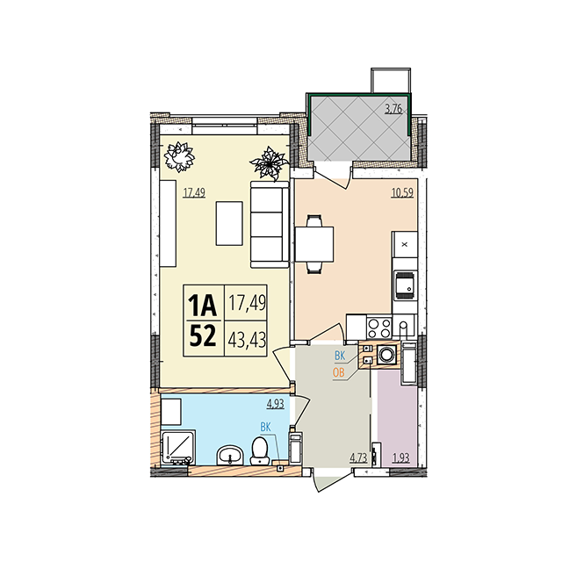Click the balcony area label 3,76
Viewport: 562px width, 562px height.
[x=393, y=108]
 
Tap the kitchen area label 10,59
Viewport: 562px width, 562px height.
[x=402, y=192]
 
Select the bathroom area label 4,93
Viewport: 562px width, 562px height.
[x=275, y=404]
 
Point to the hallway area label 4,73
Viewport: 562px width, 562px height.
[x=359, y=458]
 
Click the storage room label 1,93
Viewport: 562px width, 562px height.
[x=401, y=458]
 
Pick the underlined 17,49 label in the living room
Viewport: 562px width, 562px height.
[x=194, y=193]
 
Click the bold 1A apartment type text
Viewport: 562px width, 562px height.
[x=203, y=305]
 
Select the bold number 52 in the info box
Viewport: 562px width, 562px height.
[x=203, y=335]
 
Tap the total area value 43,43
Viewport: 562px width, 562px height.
[x=247, y=340]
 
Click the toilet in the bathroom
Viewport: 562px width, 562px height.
[x=260, y=451]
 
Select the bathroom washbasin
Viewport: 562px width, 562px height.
[x=230, y=455]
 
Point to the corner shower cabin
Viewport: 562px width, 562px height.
[x=177, y=448]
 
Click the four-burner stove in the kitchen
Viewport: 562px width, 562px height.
[x=379, y=328]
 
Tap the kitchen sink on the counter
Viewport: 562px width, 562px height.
[x=405, y=285]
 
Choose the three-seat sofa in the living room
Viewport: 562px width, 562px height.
[x=270, y=225]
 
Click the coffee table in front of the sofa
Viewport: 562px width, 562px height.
[x=229, y=223]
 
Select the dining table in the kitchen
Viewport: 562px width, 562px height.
[x=314, y=244]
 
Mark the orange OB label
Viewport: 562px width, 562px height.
[x=339, y=372]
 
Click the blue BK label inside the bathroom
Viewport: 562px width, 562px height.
[x=265, y=427]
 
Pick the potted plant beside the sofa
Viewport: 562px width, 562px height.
[x=269, y=163]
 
